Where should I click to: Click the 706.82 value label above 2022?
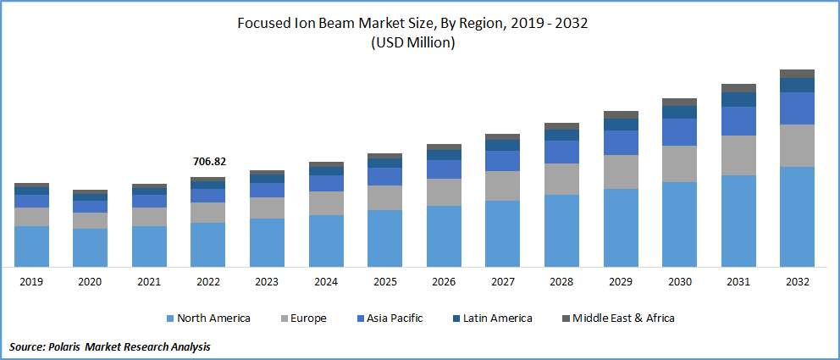(208, 162)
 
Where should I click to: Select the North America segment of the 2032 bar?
(797, 216)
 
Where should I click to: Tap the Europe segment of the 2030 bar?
(679, 163)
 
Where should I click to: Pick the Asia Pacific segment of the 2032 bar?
(797, 108)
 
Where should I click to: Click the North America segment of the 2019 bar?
(31, 246)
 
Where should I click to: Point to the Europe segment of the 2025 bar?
(384, 197)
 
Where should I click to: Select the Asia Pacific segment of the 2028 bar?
(561, 152)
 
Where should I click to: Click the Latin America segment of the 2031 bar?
(738, 99)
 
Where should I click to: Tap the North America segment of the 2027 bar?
(502, 233)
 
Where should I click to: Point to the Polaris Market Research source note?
(110, 346)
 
